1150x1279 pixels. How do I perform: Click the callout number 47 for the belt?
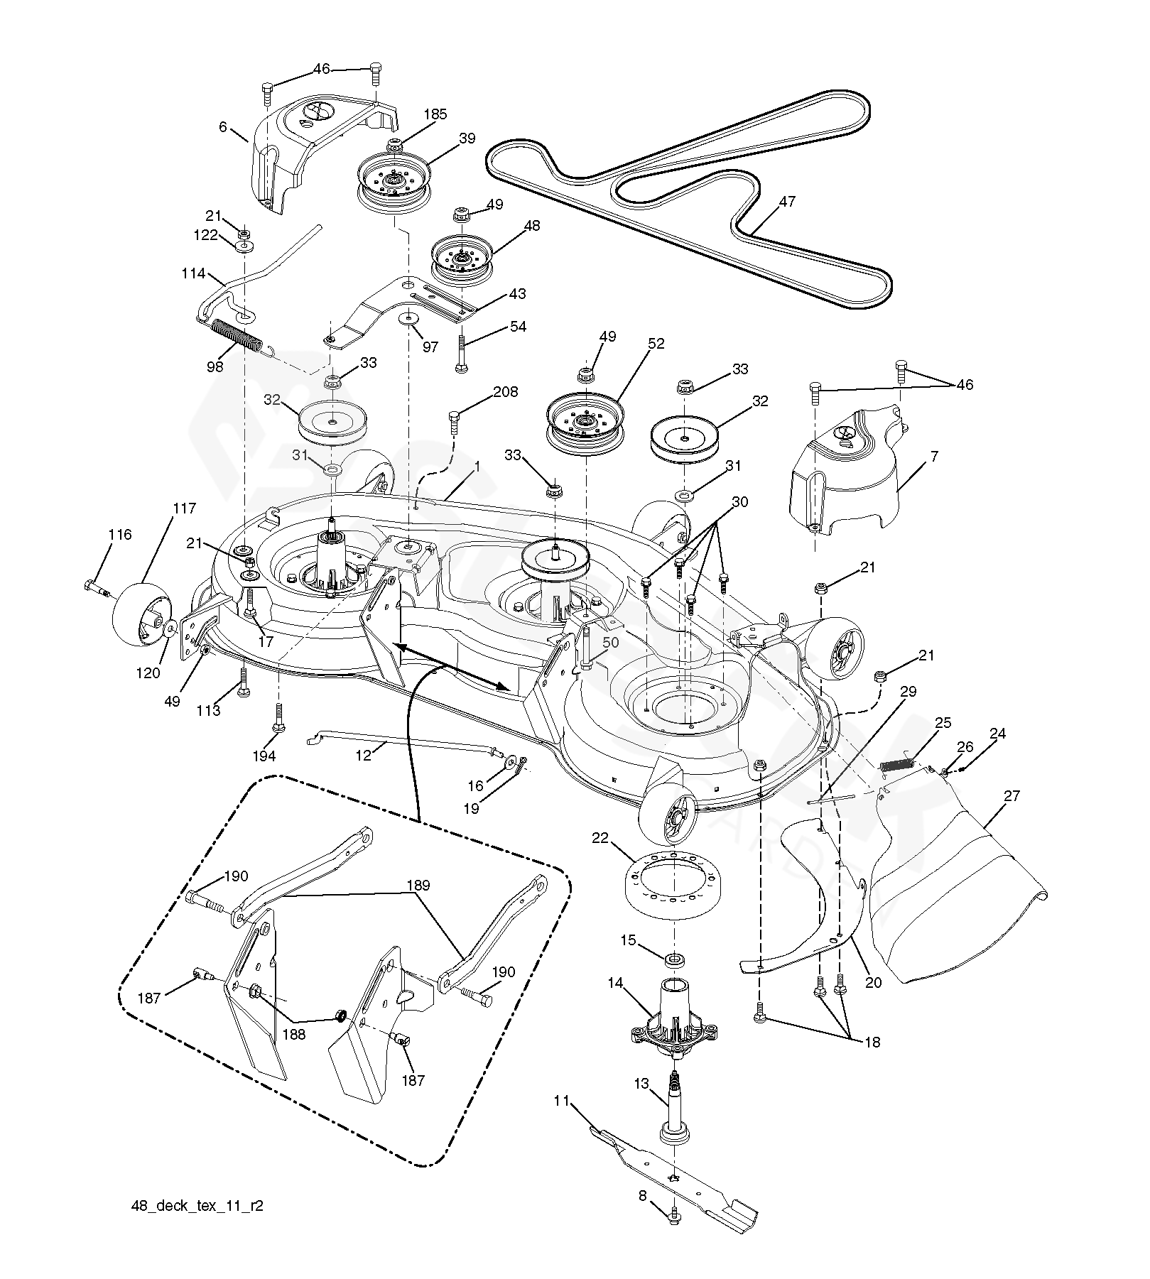[x=786, y=202]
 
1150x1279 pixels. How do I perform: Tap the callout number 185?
[x=435, y=114]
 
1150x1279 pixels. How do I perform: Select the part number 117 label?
[x=183, y=509]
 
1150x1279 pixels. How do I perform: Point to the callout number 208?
[x=505, y=392]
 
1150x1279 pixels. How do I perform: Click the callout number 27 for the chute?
[x=1011, y=796]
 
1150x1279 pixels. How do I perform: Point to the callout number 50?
[x=610, y=643]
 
